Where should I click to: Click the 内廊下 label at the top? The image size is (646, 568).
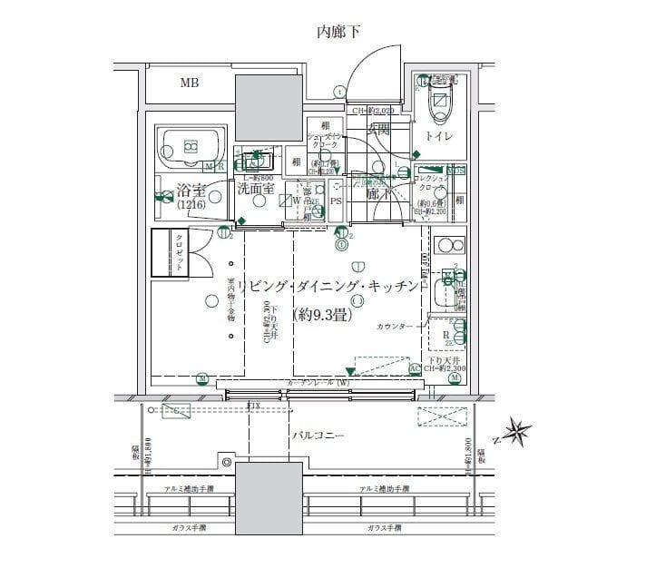point(338,33)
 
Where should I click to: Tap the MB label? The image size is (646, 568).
point(189,83)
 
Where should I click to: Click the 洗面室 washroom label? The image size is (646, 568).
point(257,190)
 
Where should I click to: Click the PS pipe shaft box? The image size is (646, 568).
point(335,201)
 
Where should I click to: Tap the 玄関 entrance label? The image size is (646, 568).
point(377,130)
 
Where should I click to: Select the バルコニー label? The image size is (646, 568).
point(318,436)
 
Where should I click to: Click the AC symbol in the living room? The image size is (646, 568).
point(415,367)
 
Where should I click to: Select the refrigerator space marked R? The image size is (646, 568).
point(445,335)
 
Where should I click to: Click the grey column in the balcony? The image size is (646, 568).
point(269,490)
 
